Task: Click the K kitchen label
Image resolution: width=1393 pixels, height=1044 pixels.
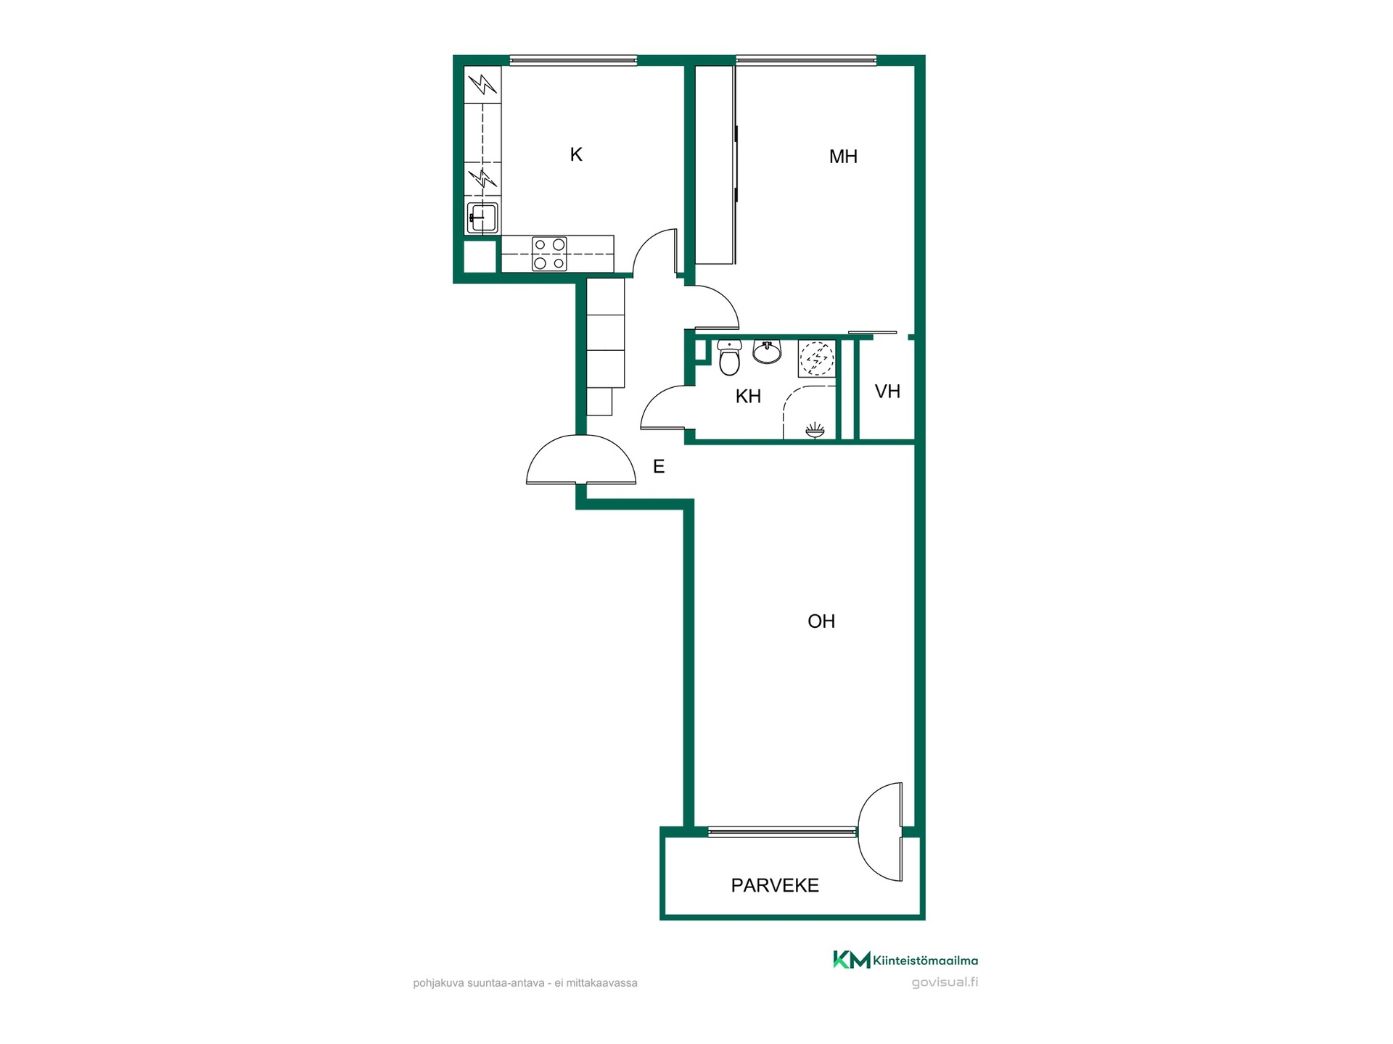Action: (x=576, y=154)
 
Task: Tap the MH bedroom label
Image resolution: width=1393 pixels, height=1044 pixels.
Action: (x=843, y=157)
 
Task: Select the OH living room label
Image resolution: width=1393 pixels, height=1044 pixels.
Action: (x=821, y=621)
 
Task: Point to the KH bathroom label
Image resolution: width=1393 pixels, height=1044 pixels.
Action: (x=748, y=397)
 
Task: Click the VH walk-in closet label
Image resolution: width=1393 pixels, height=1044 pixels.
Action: (x=887, y=391)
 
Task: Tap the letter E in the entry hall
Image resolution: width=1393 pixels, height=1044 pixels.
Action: (x=659, y=467)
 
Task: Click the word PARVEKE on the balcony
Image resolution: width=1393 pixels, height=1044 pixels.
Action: (x=775, y=885)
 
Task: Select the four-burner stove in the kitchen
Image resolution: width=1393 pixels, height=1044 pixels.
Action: (x=549, y=254)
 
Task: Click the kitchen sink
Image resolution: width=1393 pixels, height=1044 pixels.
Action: (x=482, y=217)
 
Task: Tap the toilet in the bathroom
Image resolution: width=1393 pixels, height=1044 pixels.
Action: (x=729, y=357)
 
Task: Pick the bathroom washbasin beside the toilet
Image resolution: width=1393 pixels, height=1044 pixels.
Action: (x=767, y=351)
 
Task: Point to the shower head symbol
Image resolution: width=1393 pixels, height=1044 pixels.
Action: (x=815, y=431)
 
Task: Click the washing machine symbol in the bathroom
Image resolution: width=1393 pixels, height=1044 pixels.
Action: (x=816, y=358)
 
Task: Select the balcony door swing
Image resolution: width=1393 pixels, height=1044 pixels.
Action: (x=880, y=832)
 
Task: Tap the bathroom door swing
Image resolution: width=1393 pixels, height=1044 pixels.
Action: (x=663, y=407)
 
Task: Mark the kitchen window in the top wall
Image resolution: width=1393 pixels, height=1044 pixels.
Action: (x=573, y=61)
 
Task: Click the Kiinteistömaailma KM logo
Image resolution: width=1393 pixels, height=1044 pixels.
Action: (x=905, y=961)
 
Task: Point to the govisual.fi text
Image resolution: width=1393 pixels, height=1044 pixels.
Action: (x=945, y=983)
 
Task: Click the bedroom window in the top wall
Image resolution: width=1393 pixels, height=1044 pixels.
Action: (x=806, y=61)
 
